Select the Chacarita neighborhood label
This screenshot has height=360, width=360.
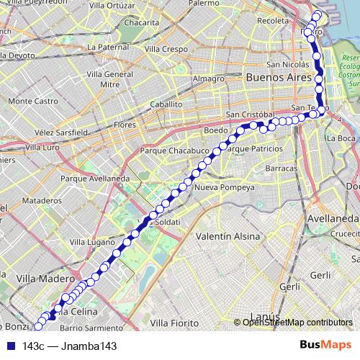[141, 23]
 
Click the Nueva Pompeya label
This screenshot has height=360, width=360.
[225, 188]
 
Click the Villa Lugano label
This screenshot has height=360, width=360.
[86, 243]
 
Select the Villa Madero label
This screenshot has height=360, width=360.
[45, 277]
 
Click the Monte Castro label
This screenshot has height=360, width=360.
[33, 102]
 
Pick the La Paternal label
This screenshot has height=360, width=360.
[107, 47]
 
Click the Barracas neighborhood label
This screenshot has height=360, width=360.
[281, 168]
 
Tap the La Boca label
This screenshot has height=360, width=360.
[341, 138]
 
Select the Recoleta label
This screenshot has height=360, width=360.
[273, 21]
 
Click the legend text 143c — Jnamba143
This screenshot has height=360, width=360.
[69, 346]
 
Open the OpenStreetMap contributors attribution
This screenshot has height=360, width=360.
[297, 323]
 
